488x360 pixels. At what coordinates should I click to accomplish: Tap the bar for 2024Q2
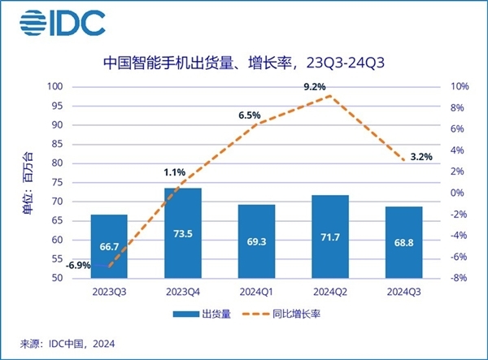(330, 236)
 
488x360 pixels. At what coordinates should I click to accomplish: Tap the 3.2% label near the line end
(422, 156)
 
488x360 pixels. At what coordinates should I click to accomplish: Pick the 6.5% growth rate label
(249, 115)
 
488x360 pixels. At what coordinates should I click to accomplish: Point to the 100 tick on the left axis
(56, 87)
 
